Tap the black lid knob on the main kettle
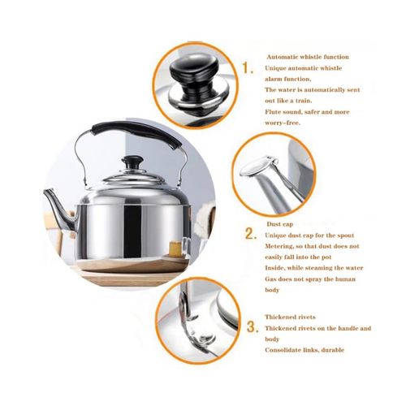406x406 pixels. pos(132,162)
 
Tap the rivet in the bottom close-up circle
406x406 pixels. pos(206,338)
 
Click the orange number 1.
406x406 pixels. pos(247,67)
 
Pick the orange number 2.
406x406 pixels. pos(251,234)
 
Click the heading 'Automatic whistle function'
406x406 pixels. pos(308,57)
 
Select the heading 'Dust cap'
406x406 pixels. pos(279,224)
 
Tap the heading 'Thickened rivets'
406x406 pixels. pos(290,317)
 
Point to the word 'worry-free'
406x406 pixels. pos(283,123)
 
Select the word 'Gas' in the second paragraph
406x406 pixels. pos(270,279)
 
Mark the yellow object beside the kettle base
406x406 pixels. pos(175,248)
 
